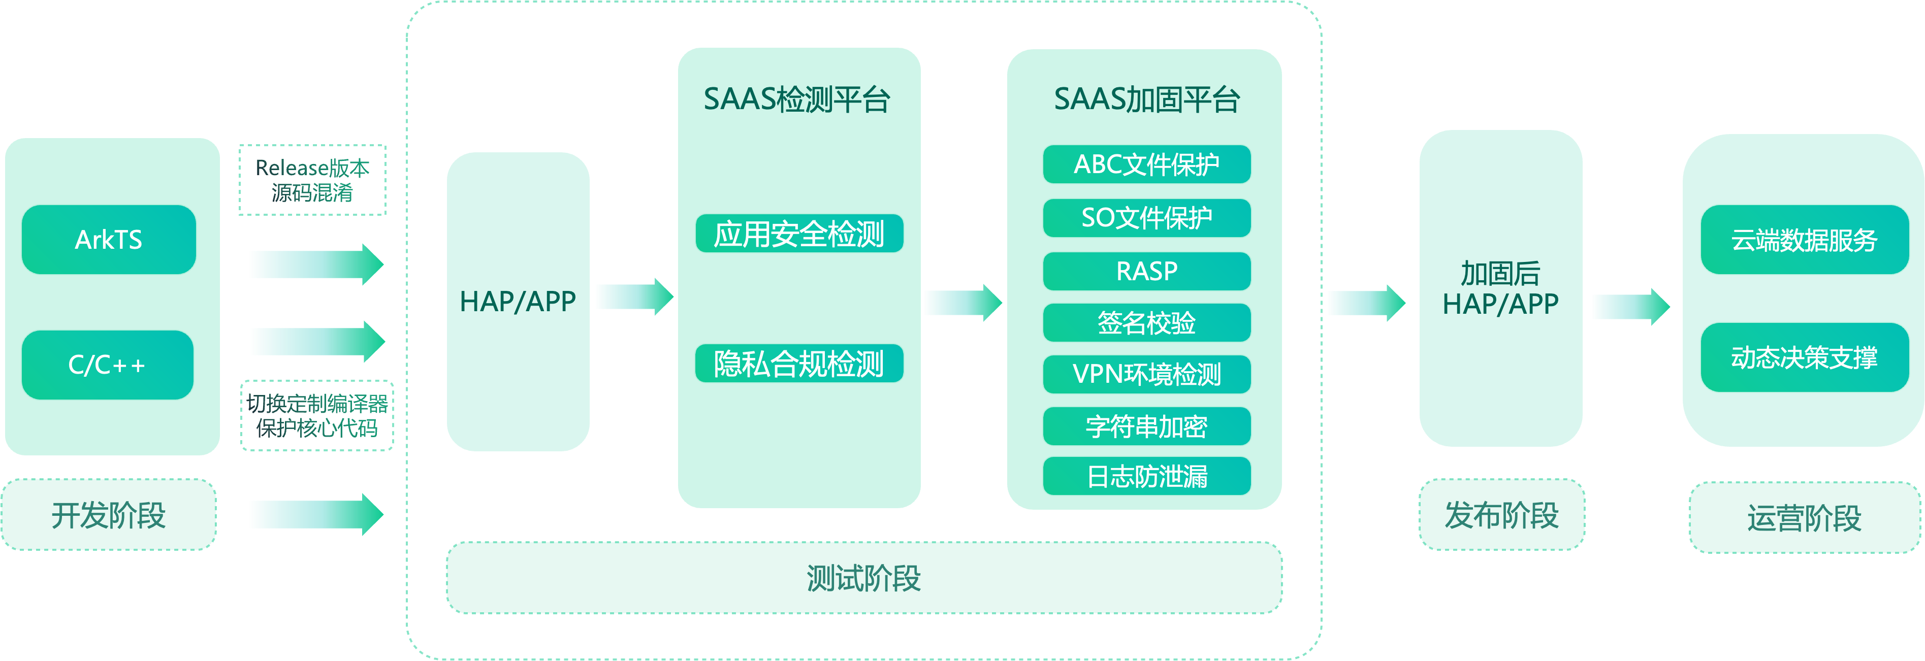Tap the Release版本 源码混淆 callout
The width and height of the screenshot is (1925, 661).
[312, 180]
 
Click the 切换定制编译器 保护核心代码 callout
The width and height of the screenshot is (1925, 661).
[317, 416]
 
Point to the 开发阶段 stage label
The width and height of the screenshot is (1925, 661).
[108, 515]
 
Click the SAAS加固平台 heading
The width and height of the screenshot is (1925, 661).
[1146, 100]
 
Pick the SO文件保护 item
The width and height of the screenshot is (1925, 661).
[1146, 217]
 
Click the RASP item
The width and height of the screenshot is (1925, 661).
[1146, 271]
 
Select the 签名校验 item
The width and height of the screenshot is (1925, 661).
[1146, 323]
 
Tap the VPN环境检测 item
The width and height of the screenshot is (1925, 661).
[1146, 374]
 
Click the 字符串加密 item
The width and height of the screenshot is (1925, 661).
[1146, 426]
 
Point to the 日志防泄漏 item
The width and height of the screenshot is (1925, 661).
[1146, 476]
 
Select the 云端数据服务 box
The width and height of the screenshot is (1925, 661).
[1804, 240]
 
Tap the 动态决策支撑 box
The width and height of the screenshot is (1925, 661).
[1804, 357]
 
